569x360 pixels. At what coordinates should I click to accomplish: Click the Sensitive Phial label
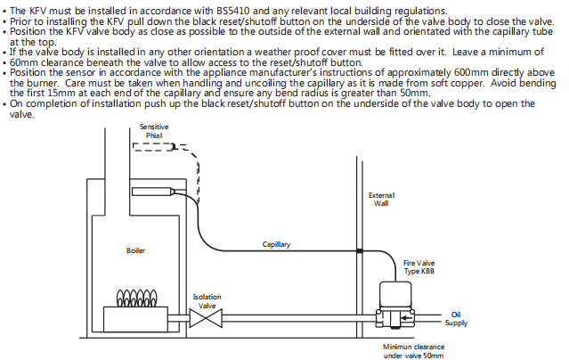pyautogui.click(x=154, y=132)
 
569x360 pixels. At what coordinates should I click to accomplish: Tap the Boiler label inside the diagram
pyautogui.click(x=135, y=250)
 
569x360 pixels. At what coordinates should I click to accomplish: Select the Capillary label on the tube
pyautogui.click(x=276, y=243)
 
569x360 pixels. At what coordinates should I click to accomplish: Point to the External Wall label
pyautogui.click(x=380, y=199)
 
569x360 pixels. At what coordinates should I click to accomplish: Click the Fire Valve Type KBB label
pyautogui.click(x=419, y=267)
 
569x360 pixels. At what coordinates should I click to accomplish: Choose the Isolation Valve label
pyautogui.click(x=207, y=301)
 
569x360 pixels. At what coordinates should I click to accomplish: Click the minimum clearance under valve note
pyautogui.click(x=413, y=351)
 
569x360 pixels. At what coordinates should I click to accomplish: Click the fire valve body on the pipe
pyautogui.click(x=396, y=303)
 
